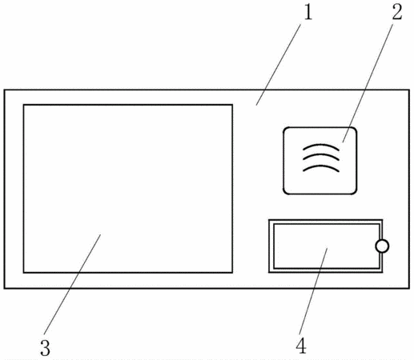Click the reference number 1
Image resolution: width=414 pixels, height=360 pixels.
[x=307, y=13]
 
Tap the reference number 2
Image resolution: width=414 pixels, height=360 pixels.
[x=397, y=12]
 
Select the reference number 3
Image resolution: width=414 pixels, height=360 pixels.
[x=45, y=348]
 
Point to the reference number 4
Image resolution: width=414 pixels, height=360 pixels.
[x=301, y=346]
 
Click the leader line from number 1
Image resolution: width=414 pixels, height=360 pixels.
[x=279, y=64]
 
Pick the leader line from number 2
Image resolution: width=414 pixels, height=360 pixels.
[x=368, y=83]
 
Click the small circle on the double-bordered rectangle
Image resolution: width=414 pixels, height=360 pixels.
[x=382, y=246]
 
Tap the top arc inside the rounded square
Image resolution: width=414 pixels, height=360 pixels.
[x=321, y=146]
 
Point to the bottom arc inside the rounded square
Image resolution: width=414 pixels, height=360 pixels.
[x=321, y=167]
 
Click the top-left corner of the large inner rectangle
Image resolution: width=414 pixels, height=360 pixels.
[x=24, y=105]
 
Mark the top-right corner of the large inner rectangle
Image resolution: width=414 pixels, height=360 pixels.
[x=232, y=105]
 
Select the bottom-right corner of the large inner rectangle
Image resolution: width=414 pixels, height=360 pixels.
[x=232, y=273]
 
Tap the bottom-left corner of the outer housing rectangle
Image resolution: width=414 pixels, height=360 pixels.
[x=4, y=288]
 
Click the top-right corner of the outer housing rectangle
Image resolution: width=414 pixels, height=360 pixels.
[x=409, y=90]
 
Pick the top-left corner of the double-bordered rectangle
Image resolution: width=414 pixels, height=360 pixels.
[x=269, y=220]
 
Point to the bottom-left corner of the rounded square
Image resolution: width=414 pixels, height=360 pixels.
[x=285, y=193]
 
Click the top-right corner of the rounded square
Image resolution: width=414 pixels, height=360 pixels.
[x=355, y=129]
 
